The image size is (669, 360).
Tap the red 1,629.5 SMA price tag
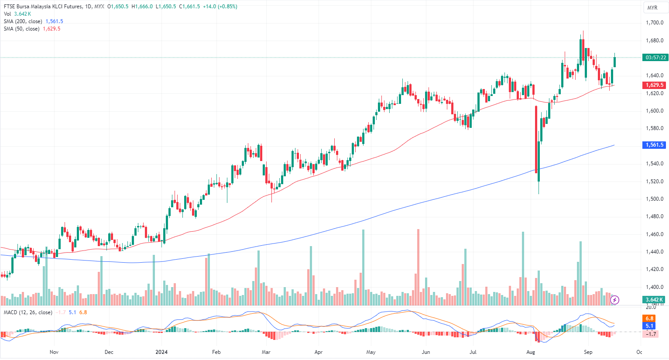[655, 85]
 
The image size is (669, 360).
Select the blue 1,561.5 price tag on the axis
[655, 145]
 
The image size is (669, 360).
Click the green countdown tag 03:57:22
[655, 58]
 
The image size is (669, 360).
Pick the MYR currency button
[652, 8]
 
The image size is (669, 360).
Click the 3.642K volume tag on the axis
[654, 299]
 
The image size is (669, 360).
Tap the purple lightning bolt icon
[614, 300]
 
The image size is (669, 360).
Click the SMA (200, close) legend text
[23, 21]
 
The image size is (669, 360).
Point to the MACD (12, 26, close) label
[28, 312]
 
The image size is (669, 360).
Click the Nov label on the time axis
[54, 352]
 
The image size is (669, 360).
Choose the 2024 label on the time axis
[161, 352]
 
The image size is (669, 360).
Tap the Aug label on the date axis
[531, 352]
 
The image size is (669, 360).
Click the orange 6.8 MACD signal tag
[650, 319]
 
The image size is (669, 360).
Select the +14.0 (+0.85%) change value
[220, 7]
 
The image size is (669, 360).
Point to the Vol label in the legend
[7, 14]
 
